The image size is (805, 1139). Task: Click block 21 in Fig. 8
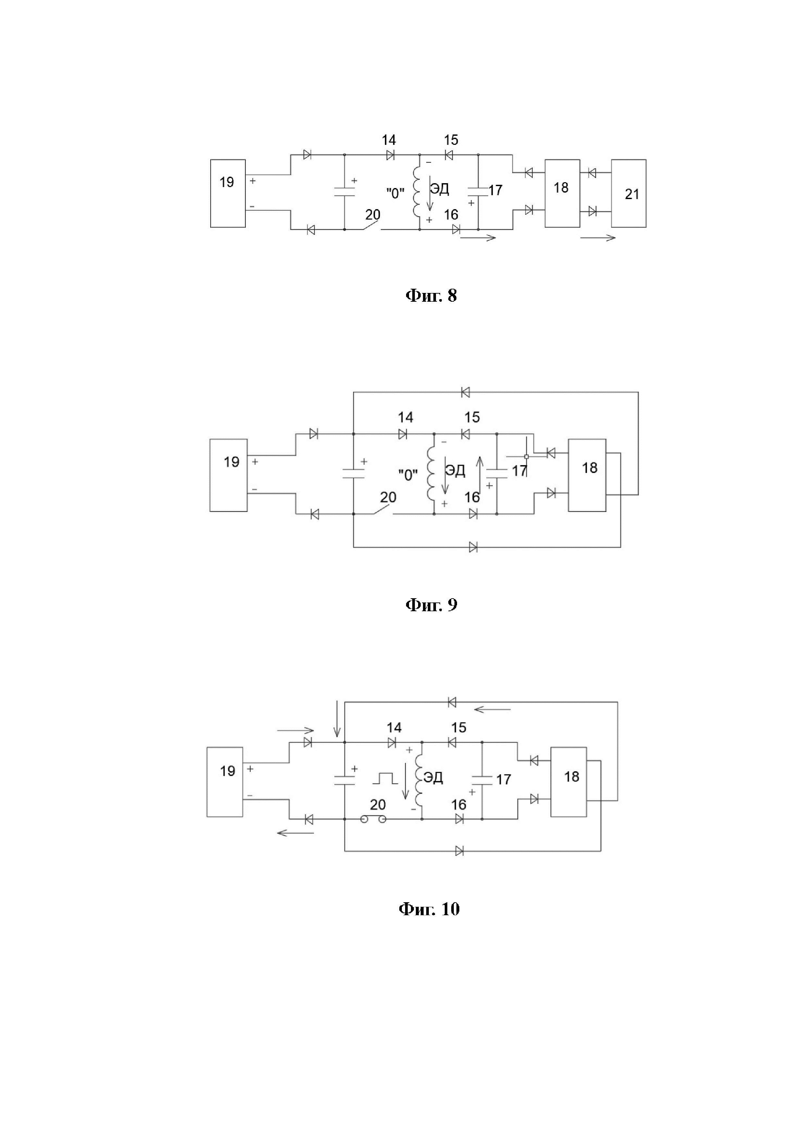pyautogui.click(x=628, y=194)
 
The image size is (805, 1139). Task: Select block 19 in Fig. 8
pyautogui.click(x=228, y=194)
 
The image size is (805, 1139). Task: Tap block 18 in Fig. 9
pyautogui.click(x=587, y=475)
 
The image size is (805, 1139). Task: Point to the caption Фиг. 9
pyautogui.click(x=431, y=605)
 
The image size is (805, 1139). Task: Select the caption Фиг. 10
pyautogui.click(x=429, y=909)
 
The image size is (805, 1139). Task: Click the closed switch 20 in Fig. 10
pyautogui.click(x=373, y=819)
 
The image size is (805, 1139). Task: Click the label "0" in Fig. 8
pyautogui.click(x=395, y=193)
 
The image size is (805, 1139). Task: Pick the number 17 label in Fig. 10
pyautogui.click(x=503, y=779)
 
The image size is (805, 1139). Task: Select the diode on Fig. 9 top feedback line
pyautogui.click(x=465, y=392)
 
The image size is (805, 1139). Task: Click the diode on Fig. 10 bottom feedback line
pyautogui.click(x=459, y=851)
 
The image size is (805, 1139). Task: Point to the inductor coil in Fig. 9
pyautogui.click(x=430, y=475)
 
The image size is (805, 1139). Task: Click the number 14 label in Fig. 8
pyautogui.click(x=389, y=140)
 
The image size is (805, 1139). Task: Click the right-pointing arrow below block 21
pyautogui.click(x=598, y=238)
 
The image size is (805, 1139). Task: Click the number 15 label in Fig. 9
pyautogui.click(x=472, y=417)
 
